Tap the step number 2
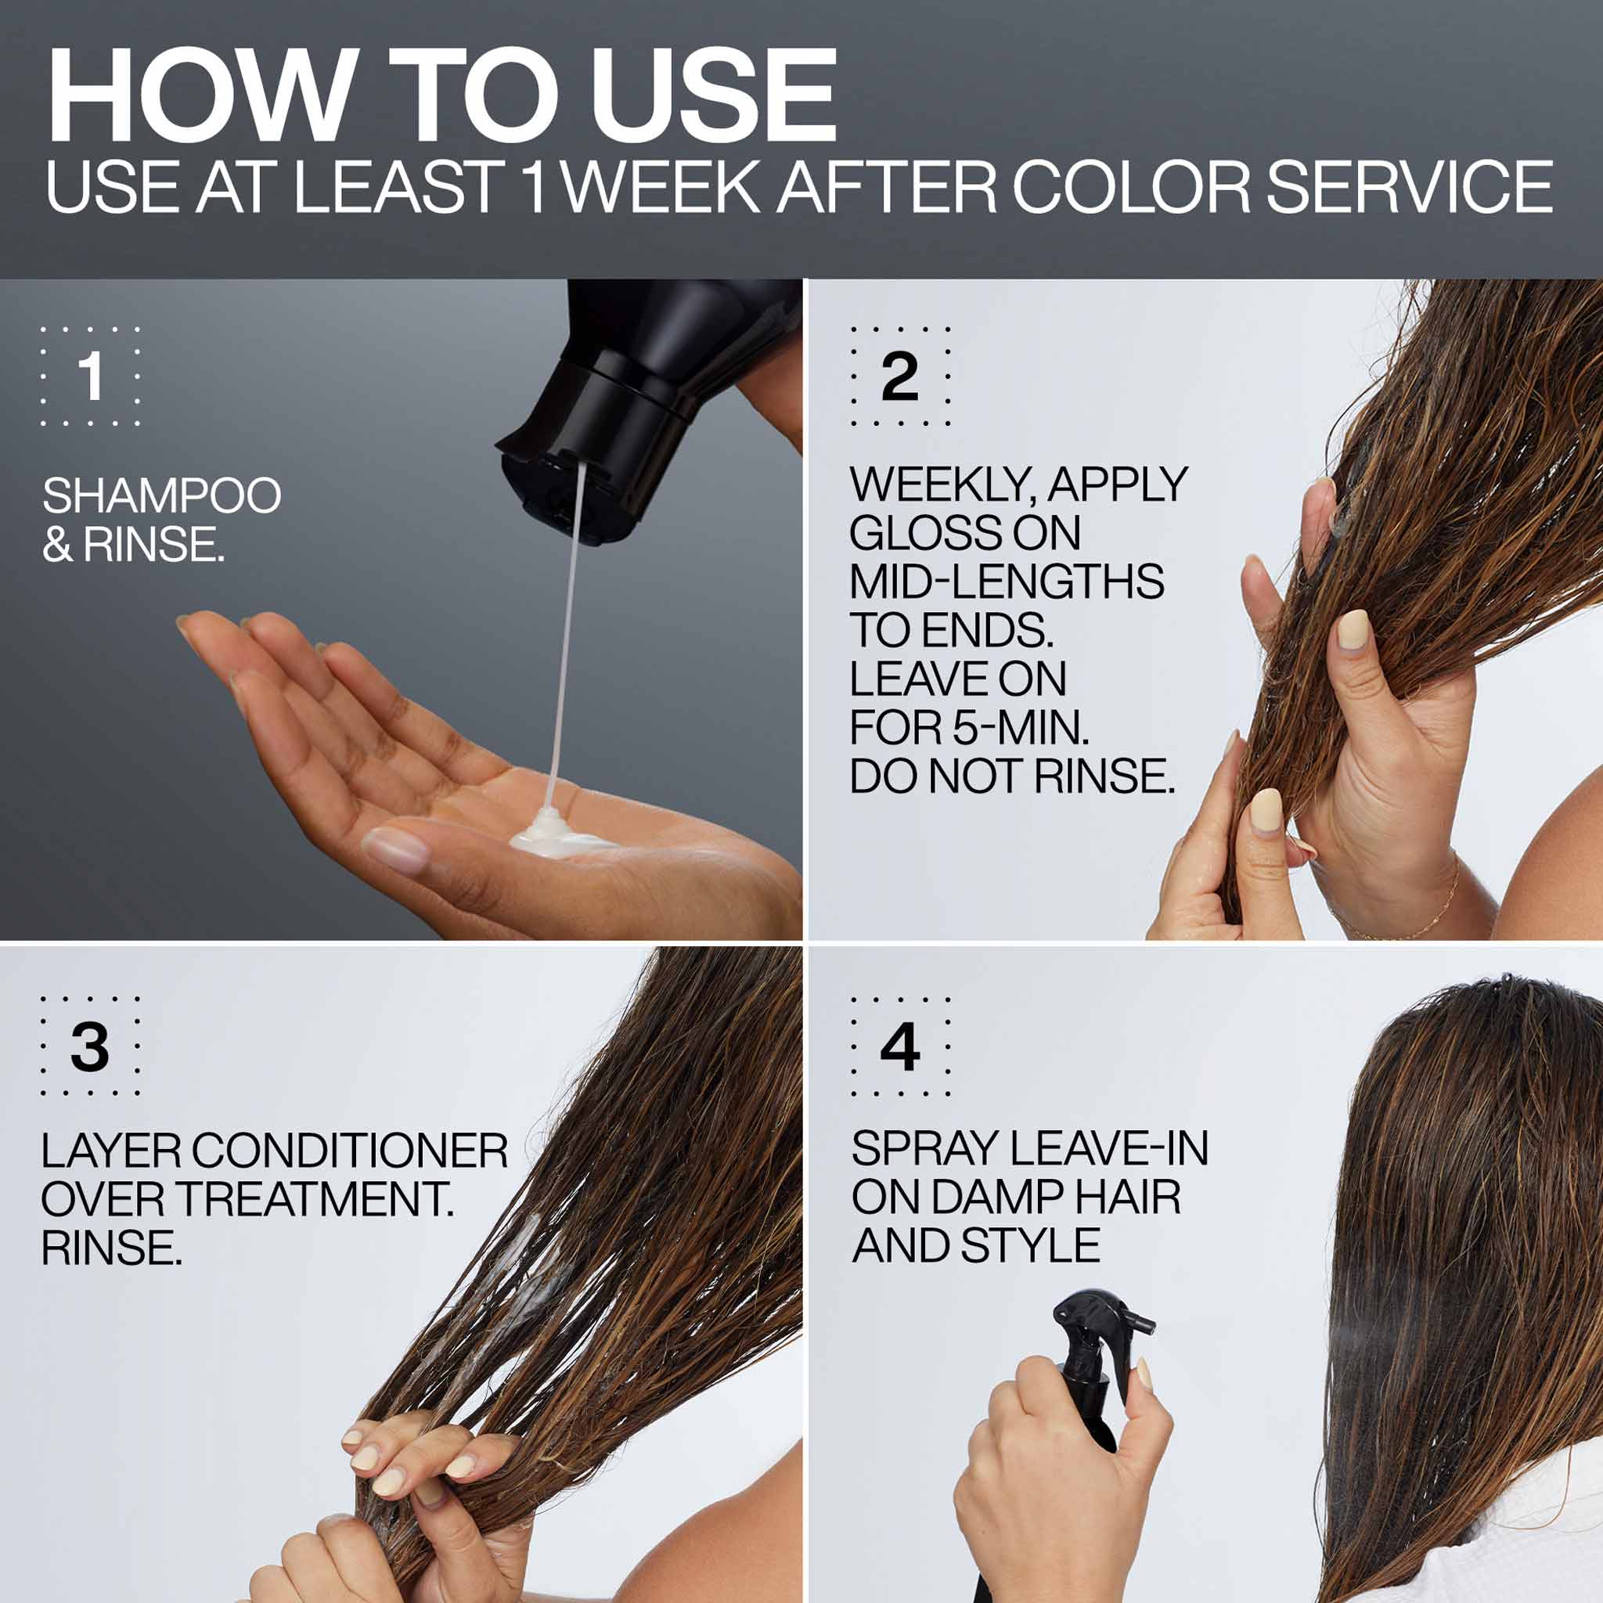point(900,376)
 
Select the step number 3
point(89,1046)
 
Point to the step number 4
point(900,1046)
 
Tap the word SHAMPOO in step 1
point(162,495)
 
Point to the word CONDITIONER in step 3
point(349,1151)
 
